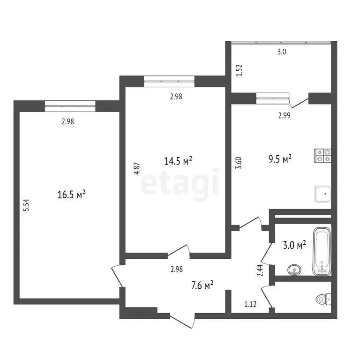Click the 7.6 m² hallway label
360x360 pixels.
click(202, 285)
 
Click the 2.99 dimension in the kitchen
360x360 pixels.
click(284, 116)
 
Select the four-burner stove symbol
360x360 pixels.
click(322, 155)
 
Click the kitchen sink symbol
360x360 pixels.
click(322, 193)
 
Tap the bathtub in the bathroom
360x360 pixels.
click(322, 251)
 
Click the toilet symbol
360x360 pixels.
click(323, 298)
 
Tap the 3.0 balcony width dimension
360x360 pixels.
click(281, 52)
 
